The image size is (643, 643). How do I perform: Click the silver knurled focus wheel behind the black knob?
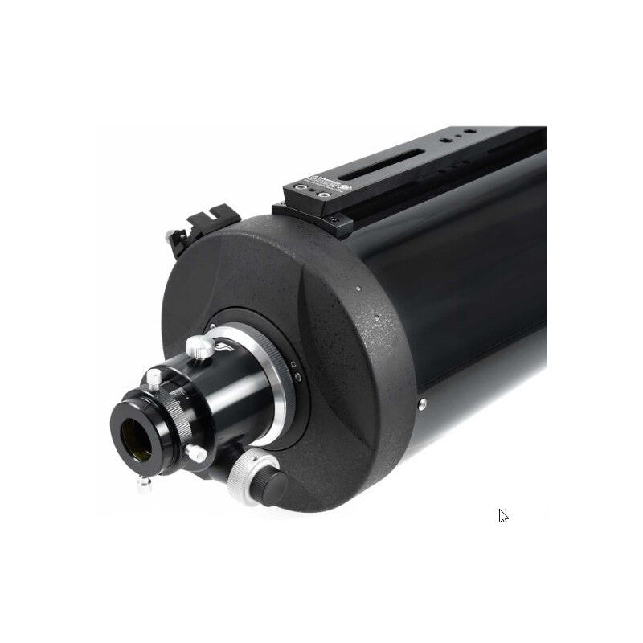[245, 475]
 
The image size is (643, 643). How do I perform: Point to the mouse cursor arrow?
[502, 516]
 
